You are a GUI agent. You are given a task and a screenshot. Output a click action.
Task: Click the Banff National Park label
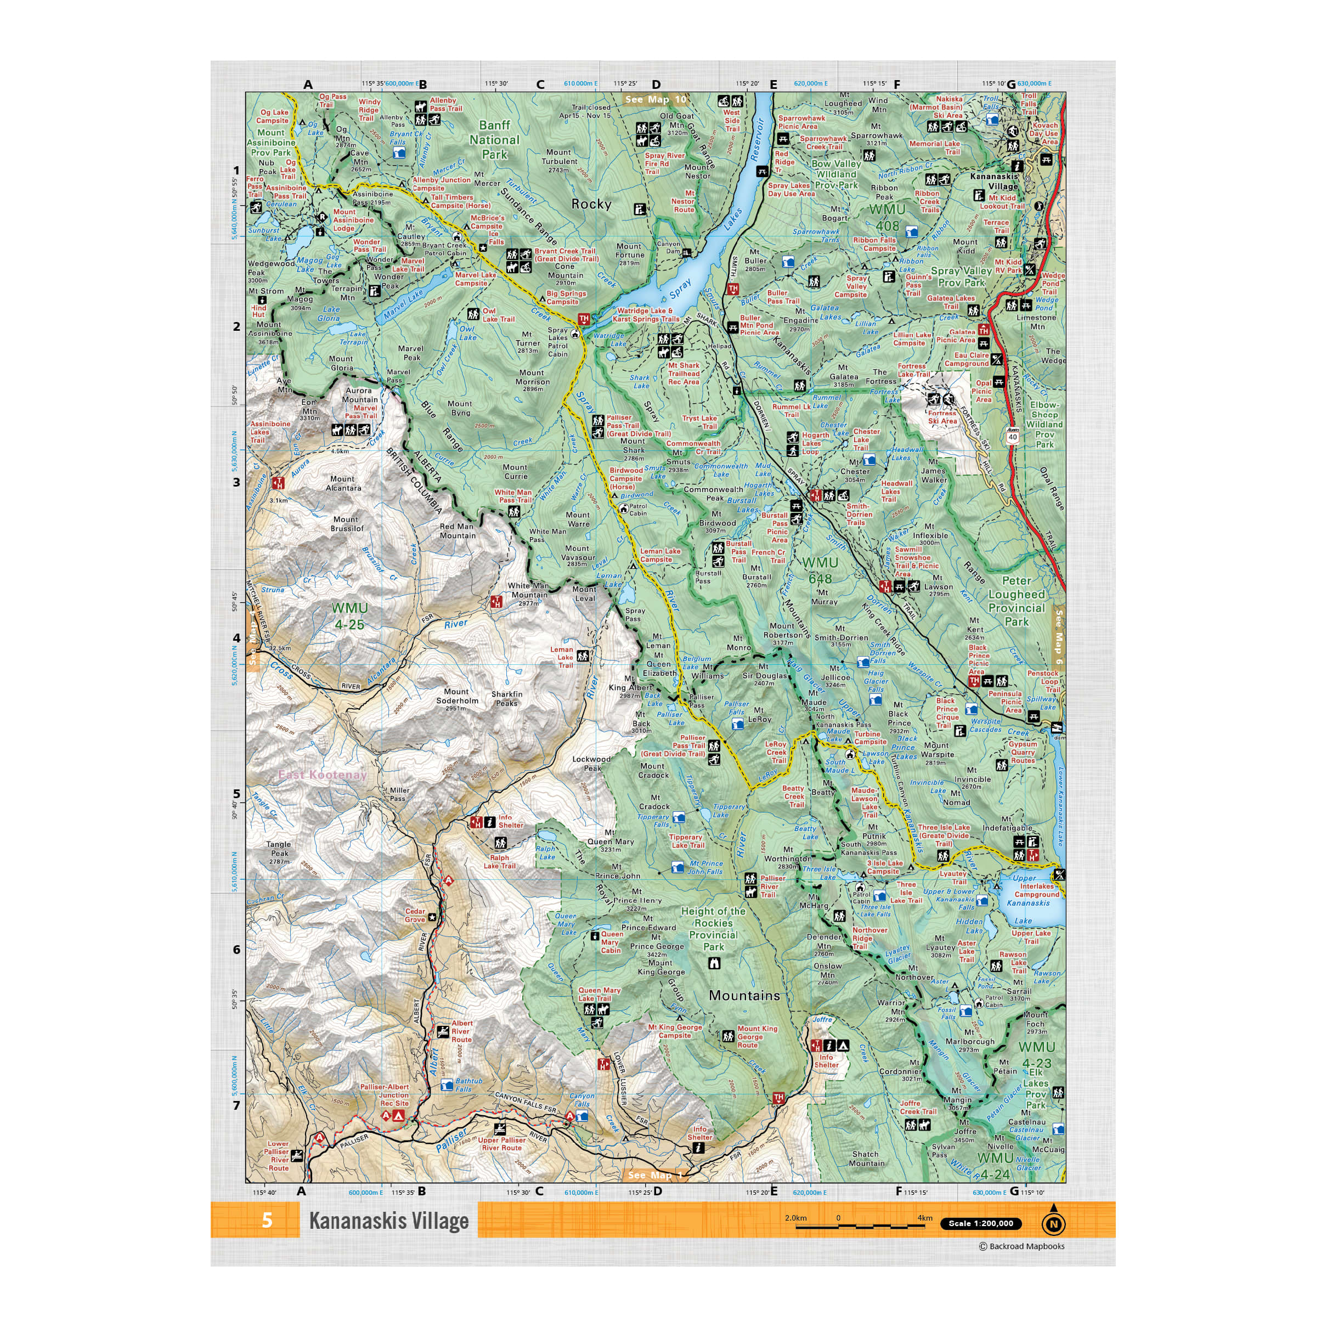(494, 139)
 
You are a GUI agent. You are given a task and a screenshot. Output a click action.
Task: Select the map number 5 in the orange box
(267, 1220)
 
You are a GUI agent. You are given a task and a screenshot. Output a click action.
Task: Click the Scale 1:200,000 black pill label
(980, 1223)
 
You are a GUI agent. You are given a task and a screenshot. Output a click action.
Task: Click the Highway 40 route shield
(1013, 437)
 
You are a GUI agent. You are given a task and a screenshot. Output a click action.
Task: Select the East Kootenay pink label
(322, 775)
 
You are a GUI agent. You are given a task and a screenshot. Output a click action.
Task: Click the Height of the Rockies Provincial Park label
(713, 929)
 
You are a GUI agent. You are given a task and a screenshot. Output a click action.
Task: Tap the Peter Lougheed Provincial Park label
(1017, 601)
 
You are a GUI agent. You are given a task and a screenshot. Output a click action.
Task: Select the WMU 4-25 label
(349, 616)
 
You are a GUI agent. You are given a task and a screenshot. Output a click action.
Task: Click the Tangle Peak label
(279, 852)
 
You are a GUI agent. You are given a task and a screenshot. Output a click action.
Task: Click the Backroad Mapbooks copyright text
(1021, 1246)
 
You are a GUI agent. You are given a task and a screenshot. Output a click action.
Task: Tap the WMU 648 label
(820, 570)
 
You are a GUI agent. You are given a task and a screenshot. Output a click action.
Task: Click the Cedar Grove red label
(415, 915)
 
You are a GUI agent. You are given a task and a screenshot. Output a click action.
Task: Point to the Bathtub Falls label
(468, 1085)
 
